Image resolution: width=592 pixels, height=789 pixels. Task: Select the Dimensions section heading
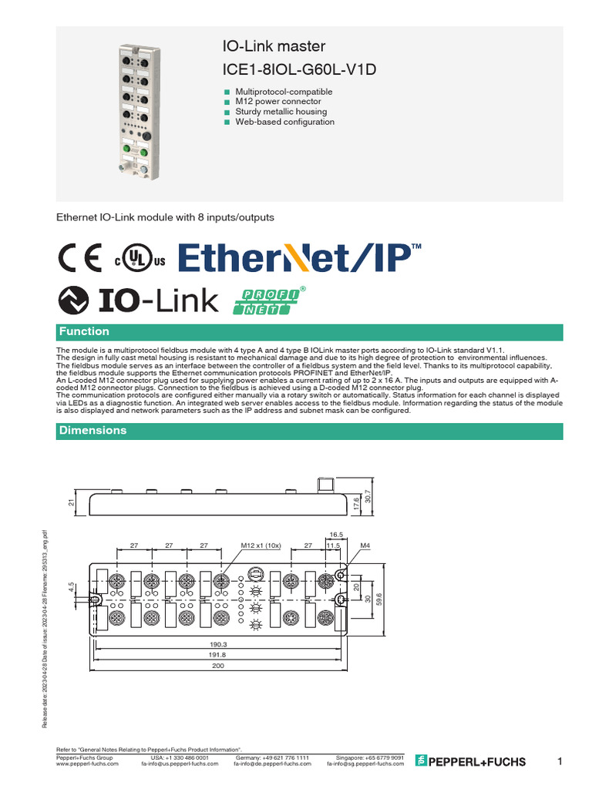93,430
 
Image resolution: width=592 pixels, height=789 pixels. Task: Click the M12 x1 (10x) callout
261,545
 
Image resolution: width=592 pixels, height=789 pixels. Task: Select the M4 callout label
366,545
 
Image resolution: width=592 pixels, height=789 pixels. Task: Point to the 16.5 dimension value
335,533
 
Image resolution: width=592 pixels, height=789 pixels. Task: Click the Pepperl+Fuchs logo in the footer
470,761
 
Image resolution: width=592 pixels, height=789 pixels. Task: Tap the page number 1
560,761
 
